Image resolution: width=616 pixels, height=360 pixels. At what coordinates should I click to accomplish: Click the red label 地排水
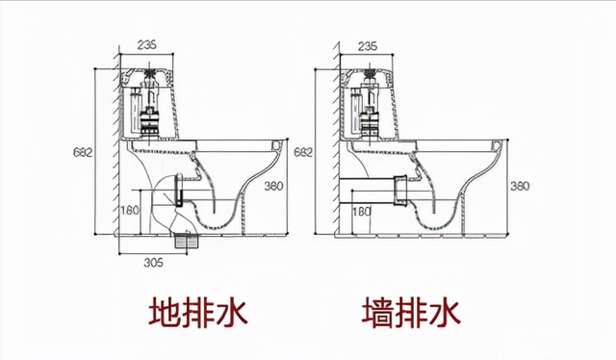[198, 312]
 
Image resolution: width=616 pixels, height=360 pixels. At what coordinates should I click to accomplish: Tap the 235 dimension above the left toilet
[147, 44]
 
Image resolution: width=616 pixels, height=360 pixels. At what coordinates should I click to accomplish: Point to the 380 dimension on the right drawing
[520, 185]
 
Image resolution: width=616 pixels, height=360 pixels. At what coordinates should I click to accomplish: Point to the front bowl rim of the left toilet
[280, 146]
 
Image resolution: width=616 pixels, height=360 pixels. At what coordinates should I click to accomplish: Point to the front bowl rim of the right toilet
[497, 146]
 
